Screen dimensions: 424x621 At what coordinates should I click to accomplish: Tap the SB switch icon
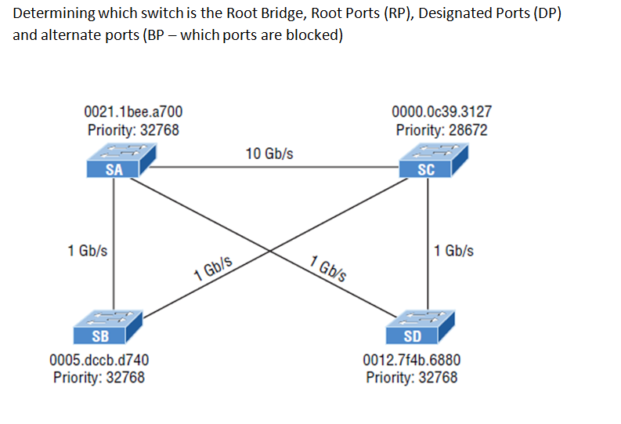point(108,327)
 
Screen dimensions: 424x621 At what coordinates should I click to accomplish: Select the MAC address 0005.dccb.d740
point(99,361)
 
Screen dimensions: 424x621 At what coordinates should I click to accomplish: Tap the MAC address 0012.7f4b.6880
point(412,361)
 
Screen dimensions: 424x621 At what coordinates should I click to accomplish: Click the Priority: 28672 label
point(442,130)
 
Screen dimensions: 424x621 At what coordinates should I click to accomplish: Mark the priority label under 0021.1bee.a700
point(132,130)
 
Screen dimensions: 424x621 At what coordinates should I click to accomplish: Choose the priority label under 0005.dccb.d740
point(99,377)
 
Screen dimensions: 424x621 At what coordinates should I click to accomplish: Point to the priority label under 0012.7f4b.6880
point(412,377)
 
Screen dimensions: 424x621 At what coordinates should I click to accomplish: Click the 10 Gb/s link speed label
point(269,154)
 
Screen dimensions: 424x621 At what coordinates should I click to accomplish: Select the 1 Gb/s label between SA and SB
point(88,251)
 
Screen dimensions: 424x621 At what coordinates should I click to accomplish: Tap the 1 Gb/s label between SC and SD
point(453,251)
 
